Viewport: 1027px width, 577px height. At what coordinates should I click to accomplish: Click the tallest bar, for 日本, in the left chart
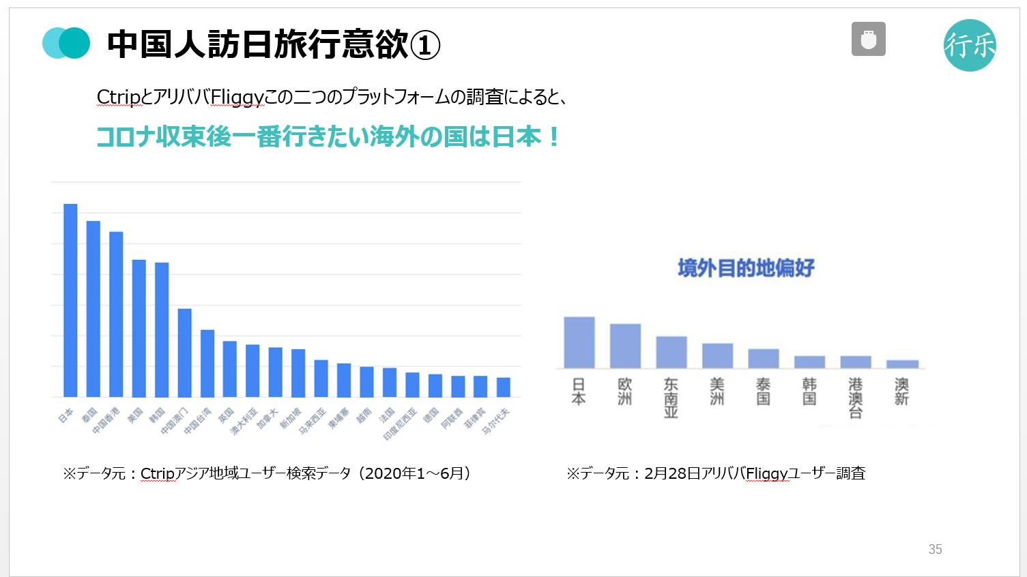point(70,300)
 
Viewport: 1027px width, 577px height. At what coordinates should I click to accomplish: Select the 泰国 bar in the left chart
point(93,308)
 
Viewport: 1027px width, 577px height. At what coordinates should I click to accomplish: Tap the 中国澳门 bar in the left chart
point(184,353)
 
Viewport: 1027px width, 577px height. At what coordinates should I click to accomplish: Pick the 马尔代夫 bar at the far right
point(503,387)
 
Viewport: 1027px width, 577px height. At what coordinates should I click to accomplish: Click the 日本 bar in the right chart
point(579,342)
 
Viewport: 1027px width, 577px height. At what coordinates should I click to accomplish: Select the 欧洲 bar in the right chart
point(625,346)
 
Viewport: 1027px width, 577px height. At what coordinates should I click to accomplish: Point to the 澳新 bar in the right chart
point(902,364)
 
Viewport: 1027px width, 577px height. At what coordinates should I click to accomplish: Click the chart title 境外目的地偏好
point(746,268)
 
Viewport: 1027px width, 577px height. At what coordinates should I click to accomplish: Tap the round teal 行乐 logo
point(970,45)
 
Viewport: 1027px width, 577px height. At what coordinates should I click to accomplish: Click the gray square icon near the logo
point(868,39)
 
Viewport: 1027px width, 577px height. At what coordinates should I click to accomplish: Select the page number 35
point(935,549)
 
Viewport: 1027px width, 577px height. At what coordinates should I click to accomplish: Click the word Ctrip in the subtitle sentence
point(118,98)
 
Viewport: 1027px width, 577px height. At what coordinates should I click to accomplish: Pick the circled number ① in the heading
point(424,45)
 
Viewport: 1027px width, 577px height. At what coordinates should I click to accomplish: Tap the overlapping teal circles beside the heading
point(66,42)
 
